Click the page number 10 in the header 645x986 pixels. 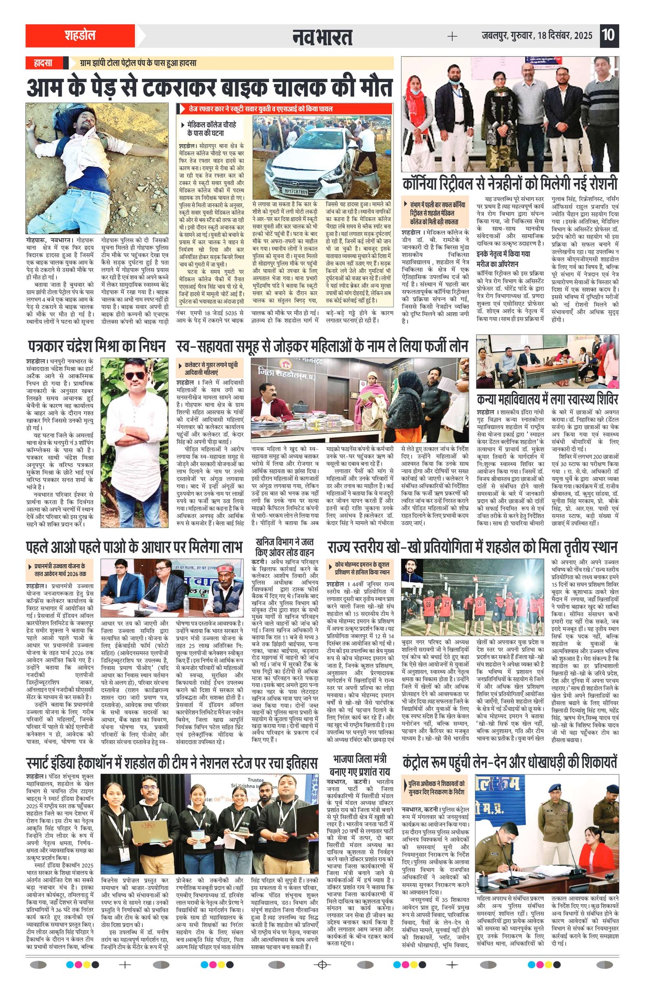609,35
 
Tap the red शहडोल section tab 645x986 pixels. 80,35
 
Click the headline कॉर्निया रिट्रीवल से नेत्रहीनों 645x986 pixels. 510,183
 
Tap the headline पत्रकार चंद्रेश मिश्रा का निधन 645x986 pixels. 97,345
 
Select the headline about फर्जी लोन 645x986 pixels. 322,345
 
